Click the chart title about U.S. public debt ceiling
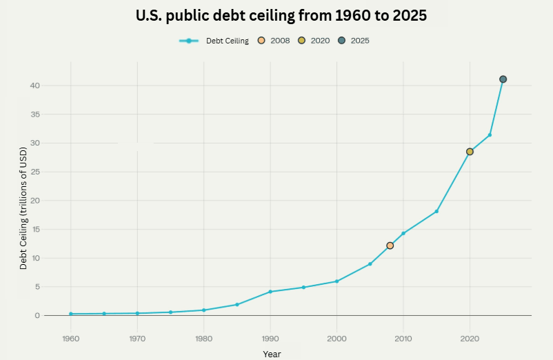tap(281, 16)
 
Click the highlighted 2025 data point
tap(503, 79)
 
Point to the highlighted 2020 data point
tap(470, 152)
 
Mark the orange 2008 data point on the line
tap(390, 246)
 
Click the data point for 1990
tap(270, 292)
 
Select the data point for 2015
tap(436, 211)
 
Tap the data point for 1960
tap(70, 314)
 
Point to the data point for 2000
tap(336, 281)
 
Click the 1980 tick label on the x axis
tap(203, 339)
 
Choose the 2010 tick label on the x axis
tap(403, 339)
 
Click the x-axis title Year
tap(272, 354)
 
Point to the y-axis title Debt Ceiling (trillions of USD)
tap(23, 207)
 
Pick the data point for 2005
tap(370, 264)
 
